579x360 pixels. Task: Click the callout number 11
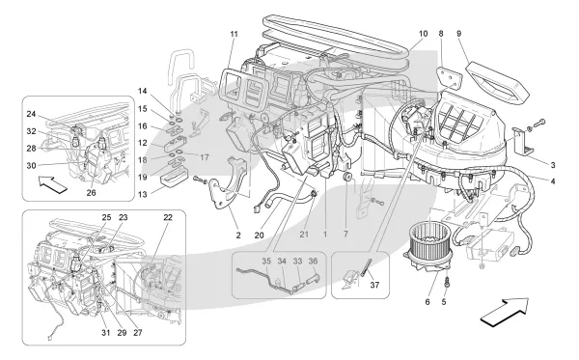click(234, 34)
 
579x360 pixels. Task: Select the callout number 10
click(424, 34)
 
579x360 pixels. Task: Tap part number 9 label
click(459, 34)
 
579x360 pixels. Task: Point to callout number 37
click(374, 285)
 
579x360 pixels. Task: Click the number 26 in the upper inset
click(92, 193)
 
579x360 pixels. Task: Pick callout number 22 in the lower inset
click(168, 217)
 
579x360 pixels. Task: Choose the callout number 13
click(143, 195)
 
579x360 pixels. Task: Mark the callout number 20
click(260, 235)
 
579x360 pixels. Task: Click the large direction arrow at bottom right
click(505, 312)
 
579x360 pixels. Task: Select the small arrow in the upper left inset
click(53, 184)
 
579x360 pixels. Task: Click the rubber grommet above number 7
click(346, 177)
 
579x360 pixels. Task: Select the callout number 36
click(313, 261)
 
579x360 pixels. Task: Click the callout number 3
click(553, 165)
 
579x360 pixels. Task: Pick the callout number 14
click(143, 91)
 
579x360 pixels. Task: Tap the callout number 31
click(106, 333)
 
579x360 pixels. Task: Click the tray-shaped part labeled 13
click(173, 179)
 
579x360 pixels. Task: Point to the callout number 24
click(31, 114)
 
